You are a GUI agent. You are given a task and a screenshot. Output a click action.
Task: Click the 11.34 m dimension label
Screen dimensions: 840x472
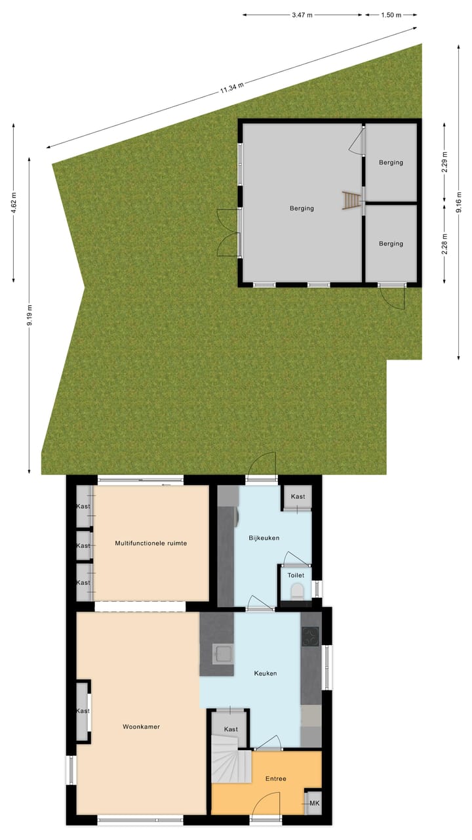(x=232, y=89)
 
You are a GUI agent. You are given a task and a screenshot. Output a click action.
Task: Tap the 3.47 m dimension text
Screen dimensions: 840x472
(x=302, y=14)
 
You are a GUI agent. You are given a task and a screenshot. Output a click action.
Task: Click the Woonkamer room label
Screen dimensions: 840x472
(x=141, y=726)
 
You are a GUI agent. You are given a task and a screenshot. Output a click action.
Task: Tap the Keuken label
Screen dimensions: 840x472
(x=265, y=673)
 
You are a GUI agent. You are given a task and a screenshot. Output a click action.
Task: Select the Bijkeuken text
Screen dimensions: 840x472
(x=264, y=538)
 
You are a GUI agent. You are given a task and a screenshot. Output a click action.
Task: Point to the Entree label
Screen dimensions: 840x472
(x=275, y=779)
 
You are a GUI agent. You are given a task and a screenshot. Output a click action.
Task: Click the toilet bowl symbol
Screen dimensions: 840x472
(x=297, y=591)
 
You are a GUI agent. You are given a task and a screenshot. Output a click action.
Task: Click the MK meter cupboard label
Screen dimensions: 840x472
(x=314, y=803)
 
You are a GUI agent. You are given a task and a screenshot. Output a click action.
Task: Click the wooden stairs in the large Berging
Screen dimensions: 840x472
(x=352, y=200)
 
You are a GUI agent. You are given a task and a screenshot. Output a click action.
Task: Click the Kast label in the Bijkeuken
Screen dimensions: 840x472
(x=298, y=497)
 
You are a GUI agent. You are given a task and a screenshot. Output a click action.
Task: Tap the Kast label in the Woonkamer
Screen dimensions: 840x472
(x=83, y=711)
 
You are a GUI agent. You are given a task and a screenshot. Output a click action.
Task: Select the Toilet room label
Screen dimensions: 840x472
(x=296, y=576)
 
